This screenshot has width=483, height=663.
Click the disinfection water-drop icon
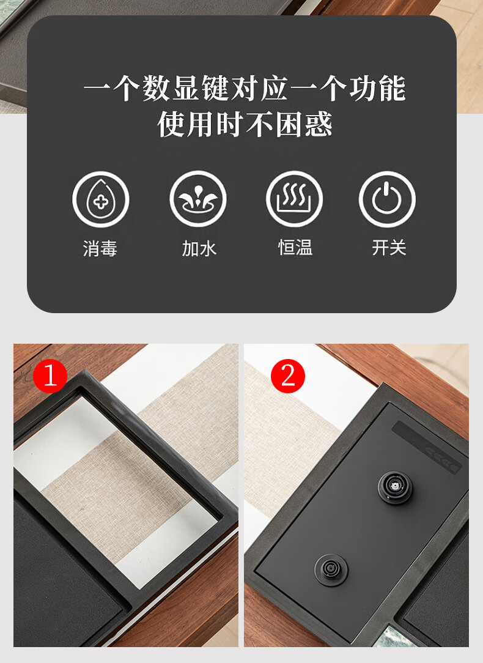point(100,199)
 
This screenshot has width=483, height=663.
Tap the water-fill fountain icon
point(198,199)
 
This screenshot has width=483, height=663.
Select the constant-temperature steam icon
point(294,199)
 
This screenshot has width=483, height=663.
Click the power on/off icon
point(387,199)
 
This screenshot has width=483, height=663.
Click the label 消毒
point(100,248)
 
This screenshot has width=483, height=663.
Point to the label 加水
point(199,248)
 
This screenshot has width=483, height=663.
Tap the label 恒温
point(295,247)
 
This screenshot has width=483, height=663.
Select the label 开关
point(389,247)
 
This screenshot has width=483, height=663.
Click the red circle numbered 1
point(50,376)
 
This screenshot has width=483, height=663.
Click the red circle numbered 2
point(288,376)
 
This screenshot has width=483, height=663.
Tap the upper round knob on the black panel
point(395,487)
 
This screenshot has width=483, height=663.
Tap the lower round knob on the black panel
point(331,569)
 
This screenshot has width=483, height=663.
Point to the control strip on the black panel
point(427,447)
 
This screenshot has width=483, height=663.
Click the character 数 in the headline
point(156,88)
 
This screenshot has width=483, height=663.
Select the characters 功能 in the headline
point(377,88)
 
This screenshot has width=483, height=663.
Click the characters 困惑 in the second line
point(304,124)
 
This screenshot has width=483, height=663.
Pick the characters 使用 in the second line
point(186,124)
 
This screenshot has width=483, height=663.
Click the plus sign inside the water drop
point(101,202)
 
